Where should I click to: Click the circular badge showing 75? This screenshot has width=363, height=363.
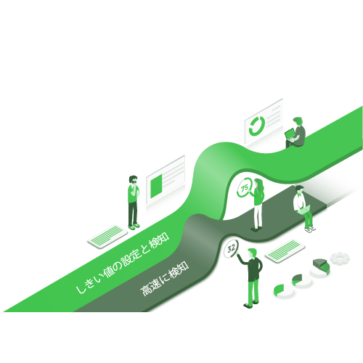[245, 188]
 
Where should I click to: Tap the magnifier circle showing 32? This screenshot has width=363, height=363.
[231, 248]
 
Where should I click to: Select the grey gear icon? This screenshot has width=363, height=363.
[340, 258]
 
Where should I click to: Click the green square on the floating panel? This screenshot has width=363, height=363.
[156, 186]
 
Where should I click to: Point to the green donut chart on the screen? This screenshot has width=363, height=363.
[256, 126]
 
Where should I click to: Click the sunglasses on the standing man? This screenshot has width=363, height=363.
[134, 181]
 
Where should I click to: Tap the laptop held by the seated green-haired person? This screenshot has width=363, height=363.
[290, 135]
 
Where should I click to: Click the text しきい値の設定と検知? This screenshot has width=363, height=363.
[123, 263]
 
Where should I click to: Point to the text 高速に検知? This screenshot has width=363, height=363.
[165, 279]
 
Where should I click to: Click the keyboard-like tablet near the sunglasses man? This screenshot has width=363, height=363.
[107, 237]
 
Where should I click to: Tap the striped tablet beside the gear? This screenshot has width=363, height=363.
[285, 251]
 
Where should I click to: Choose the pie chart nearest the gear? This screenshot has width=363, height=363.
[321, 268]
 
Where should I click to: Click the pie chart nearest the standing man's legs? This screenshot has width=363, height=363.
[284, 290]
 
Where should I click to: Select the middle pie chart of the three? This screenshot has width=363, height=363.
[301, 281]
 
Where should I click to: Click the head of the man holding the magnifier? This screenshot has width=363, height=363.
[252, 253]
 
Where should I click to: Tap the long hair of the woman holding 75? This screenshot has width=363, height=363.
[259, 187]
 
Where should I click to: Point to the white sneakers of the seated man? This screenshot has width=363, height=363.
[310, 229]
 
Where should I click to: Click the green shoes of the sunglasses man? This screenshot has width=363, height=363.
[134, 227]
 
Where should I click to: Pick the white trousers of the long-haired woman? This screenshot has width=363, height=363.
[258, 216]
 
